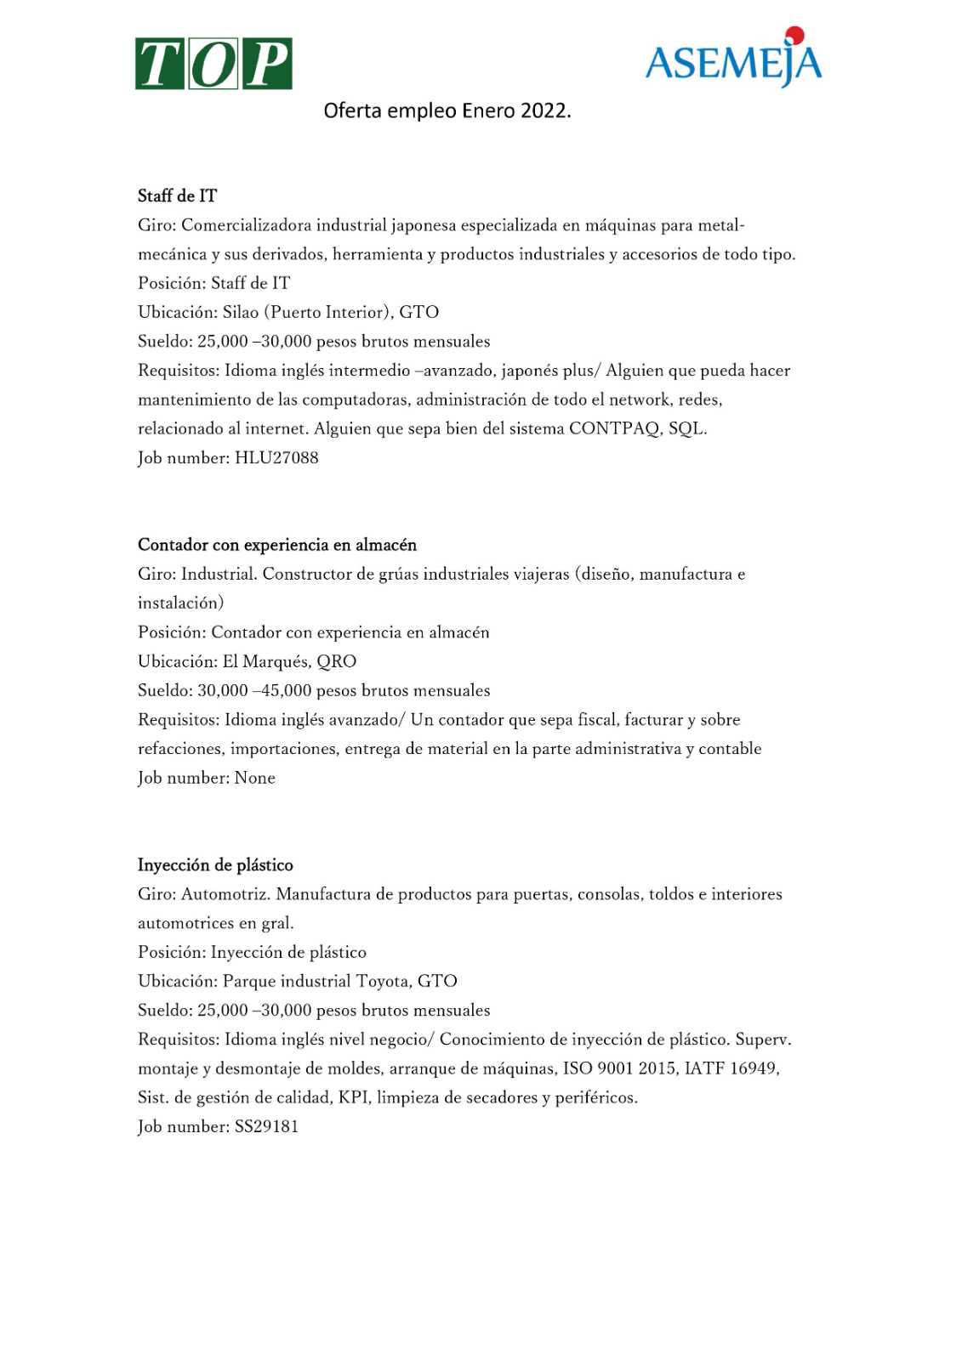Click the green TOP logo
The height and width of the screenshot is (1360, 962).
pos(213,64)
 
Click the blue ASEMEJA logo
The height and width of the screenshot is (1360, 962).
pos(733,62)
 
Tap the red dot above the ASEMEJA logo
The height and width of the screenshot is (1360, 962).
pos(794,35)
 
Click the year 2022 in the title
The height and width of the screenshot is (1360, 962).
pos(544,110)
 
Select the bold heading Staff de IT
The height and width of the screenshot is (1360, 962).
pos(177,196)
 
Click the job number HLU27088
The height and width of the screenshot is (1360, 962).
pos(276,458)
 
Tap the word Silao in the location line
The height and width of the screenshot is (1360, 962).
pos(241,312)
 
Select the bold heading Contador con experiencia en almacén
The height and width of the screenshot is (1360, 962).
pos(277,545)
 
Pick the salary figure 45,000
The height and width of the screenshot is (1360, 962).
pos(287,690)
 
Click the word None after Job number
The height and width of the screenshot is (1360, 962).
pos(254,778)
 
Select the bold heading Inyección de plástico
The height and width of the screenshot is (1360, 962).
pos(215,865)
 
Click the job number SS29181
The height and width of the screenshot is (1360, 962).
pos(266,1126)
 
